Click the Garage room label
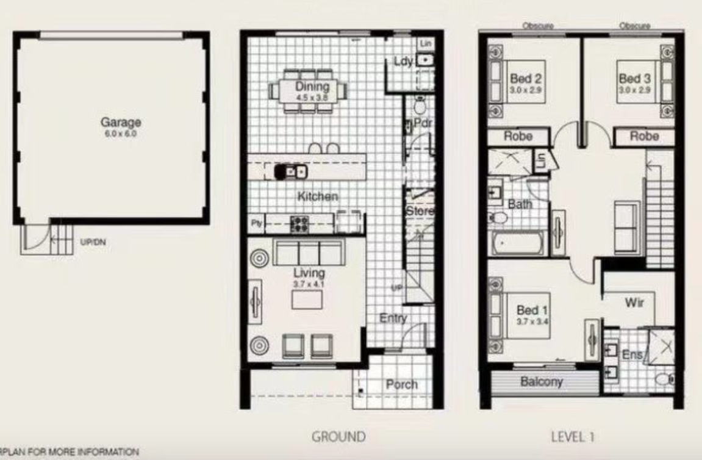click(x=121, y=123)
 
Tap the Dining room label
click(x=312, y=87)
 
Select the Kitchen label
click(x=317, y=196)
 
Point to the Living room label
click(x=309, y=273)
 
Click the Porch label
click(x=401, y=384)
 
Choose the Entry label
click(x=393, y=318)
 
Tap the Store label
click(x=420, y=211)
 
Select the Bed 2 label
click(x=526, y=79)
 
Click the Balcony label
click(x=541, y=383)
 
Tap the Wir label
click(x=631, y=302)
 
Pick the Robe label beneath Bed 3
click(x=644, y=137)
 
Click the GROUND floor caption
click(x=338, y=437)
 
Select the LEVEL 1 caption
click(x=572, y=437)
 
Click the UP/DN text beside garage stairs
click(x=89, y=242)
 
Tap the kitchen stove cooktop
click(x=299, y=223)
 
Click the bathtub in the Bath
click(x=518, y=244)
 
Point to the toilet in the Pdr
click(x=420, y=107)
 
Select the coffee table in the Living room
click(x=307, y=300)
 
